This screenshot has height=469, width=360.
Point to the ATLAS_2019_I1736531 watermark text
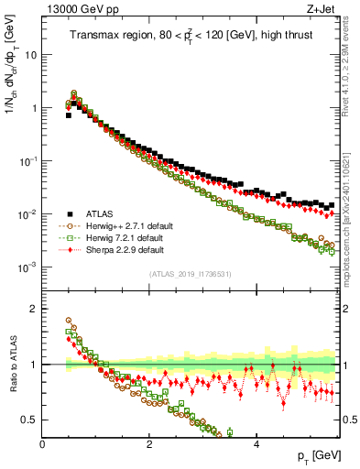click(x=190, y=274)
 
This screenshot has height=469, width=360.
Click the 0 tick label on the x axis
click(x=43, y=443)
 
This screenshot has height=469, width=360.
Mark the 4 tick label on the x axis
click(x=256, y=443)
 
